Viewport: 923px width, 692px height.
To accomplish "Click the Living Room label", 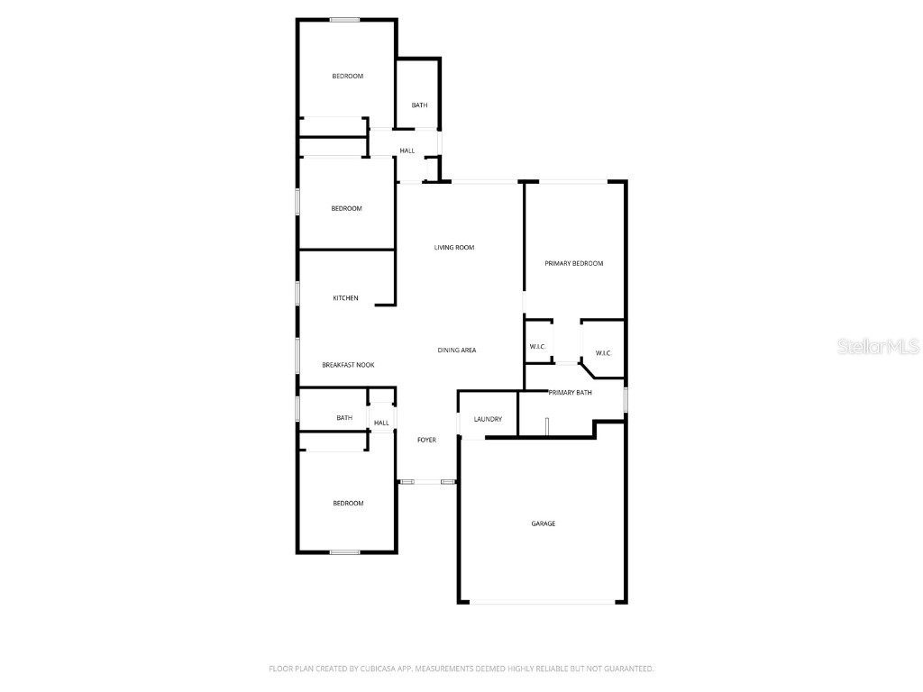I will point(454,248).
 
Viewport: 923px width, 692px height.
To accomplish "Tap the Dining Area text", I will point(456,351).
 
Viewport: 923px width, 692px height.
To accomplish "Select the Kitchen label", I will point(345,298).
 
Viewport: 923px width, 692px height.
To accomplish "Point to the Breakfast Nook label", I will point(348,365).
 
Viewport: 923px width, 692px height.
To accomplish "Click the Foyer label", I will point(426,441).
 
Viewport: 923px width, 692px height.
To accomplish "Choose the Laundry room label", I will point(488,419).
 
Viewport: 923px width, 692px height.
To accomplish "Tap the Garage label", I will point(543,524).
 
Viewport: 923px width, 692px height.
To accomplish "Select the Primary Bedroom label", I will point(573,264).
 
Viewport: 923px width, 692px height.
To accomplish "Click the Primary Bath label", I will point(570,393).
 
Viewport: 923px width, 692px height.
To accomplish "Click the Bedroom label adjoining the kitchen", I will point(346,209).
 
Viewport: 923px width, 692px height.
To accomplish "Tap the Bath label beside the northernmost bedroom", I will point(419,105).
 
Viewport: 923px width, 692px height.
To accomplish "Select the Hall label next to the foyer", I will point(381,423).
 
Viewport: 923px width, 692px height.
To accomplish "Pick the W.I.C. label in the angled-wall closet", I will point(603,353).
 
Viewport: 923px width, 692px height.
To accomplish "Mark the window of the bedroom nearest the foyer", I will point(344,551).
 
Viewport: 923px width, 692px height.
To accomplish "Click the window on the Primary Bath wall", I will point(626,399).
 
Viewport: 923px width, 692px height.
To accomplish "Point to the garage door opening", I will point(542,603).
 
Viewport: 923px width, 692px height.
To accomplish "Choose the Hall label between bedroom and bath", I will point(407,150).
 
